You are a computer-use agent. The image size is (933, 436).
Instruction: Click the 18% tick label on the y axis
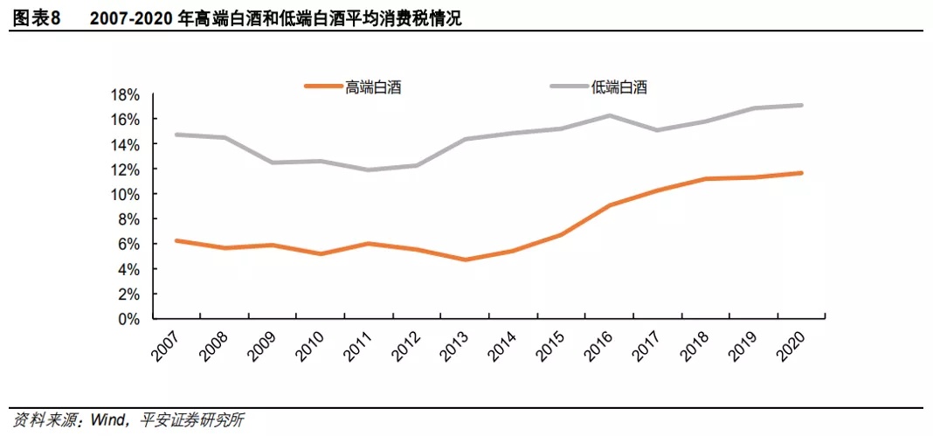123,94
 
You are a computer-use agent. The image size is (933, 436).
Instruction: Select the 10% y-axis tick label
123,194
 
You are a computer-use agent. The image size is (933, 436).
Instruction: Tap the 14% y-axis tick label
123,144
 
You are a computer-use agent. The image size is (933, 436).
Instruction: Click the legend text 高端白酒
373,87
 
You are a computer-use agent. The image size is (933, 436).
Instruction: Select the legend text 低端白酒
619,87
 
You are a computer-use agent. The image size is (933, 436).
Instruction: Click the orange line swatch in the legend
322,87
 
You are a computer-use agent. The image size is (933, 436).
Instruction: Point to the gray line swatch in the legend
569,87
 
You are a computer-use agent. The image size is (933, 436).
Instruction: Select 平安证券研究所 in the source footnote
189,420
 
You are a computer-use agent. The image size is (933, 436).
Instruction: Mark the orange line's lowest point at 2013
465,260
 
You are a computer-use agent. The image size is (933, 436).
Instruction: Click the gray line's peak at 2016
609,115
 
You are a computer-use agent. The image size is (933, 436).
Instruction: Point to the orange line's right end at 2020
801,173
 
